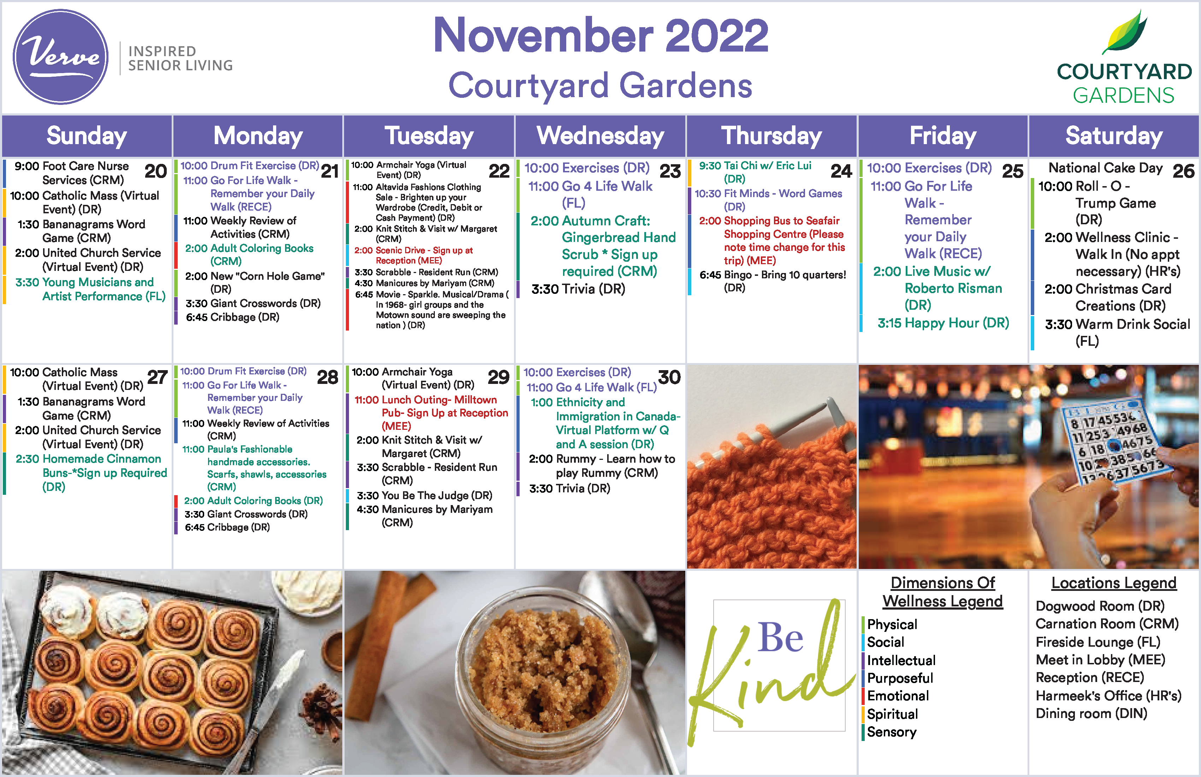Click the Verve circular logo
pos(60,57)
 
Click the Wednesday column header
pos(600,136)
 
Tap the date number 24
pos(841,171)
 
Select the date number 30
pos(670,377)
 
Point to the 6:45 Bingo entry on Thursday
pos(773,281)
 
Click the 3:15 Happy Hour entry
pos(943,323)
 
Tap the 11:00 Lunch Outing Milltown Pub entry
pos(431,413)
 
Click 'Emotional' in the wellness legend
pos(898,696)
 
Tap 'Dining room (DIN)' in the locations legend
pos(1091,713)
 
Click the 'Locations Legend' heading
pos(1114,583)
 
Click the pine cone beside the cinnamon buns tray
pos(315,704)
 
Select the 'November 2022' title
pos(600,35)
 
